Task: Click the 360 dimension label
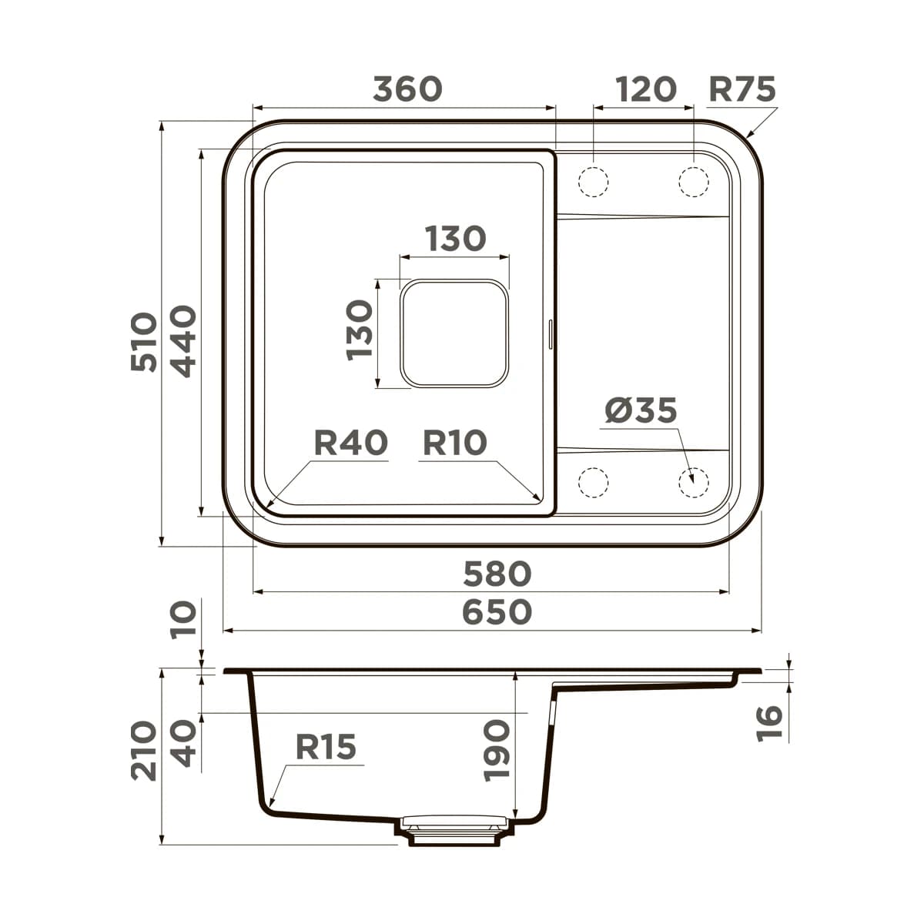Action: pos(407,89)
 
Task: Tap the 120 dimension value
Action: pos(645,89)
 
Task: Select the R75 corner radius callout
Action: pos(742,89)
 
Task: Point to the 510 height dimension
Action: pos(144,342)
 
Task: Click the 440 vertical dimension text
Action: pos(183,341)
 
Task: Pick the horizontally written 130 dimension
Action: pos(454,239)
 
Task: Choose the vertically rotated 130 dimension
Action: pos(360,330)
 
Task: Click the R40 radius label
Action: pos(350,443)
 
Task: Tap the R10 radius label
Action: pos(455,443)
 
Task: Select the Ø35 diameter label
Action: pos(641,410)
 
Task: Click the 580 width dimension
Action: pos(497,574)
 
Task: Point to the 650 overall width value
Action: pos(497,612)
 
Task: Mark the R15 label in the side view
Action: pos(326,747)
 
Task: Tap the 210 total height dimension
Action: pos(144,751)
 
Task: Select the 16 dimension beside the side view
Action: pos(769,723)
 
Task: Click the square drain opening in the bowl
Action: pos(454,333)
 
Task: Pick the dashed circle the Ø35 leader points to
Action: pos(693,482)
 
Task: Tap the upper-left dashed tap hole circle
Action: pos(593,182)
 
